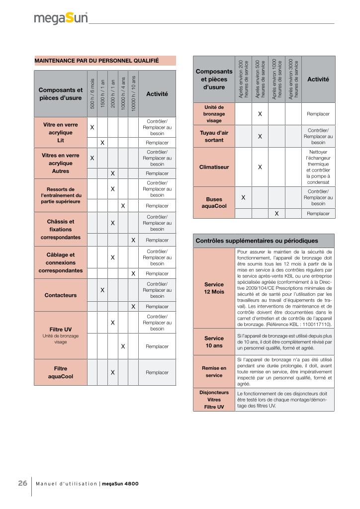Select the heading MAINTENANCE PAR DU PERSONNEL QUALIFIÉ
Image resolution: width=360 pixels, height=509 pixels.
pos(96,61)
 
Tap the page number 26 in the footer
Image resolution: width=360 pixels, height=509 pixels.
pos(22,483)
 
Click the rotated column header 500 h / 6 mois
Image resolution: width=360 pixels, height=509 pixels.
pos(92,93)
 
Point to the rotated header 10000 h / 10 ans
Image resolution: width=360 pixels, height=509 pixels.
pos(133,93)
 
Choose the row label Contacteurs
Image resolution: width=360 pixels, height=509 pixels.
pos(60,295)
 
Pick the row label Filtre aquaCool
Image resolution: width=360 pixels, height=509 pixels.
pos(60,372)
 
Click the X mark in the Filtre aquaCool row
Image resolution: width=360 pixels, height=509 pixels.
pos(113,372)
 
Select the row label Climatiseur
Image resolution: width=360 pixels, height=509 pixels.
pos(214,167)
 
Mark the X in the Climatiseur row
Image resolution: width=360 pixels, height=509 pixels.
pos(260,167)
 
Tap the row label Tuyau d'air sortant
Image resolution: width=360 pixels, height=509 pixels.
pos(214,136)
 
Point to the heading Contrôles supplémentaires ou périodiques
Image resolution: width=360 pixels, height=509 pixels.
pos(257,241)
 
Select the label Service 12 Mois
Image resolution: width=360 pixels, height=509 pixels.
pos(214,288)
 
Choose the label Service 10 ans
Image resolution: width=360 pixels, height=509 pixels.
pos(214,341)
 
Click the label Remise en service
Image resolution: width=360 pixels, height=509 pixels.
pos(214,371)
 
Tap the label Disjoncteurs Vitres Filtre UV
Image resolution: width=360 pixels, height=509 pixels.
pos(214,400)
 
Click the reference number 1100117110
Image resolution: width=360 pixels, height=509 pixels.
pos(314,324)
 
